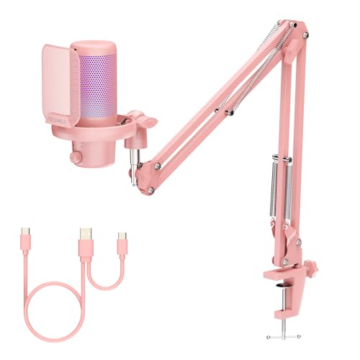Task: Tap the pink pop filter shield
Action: coord(60,101)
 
